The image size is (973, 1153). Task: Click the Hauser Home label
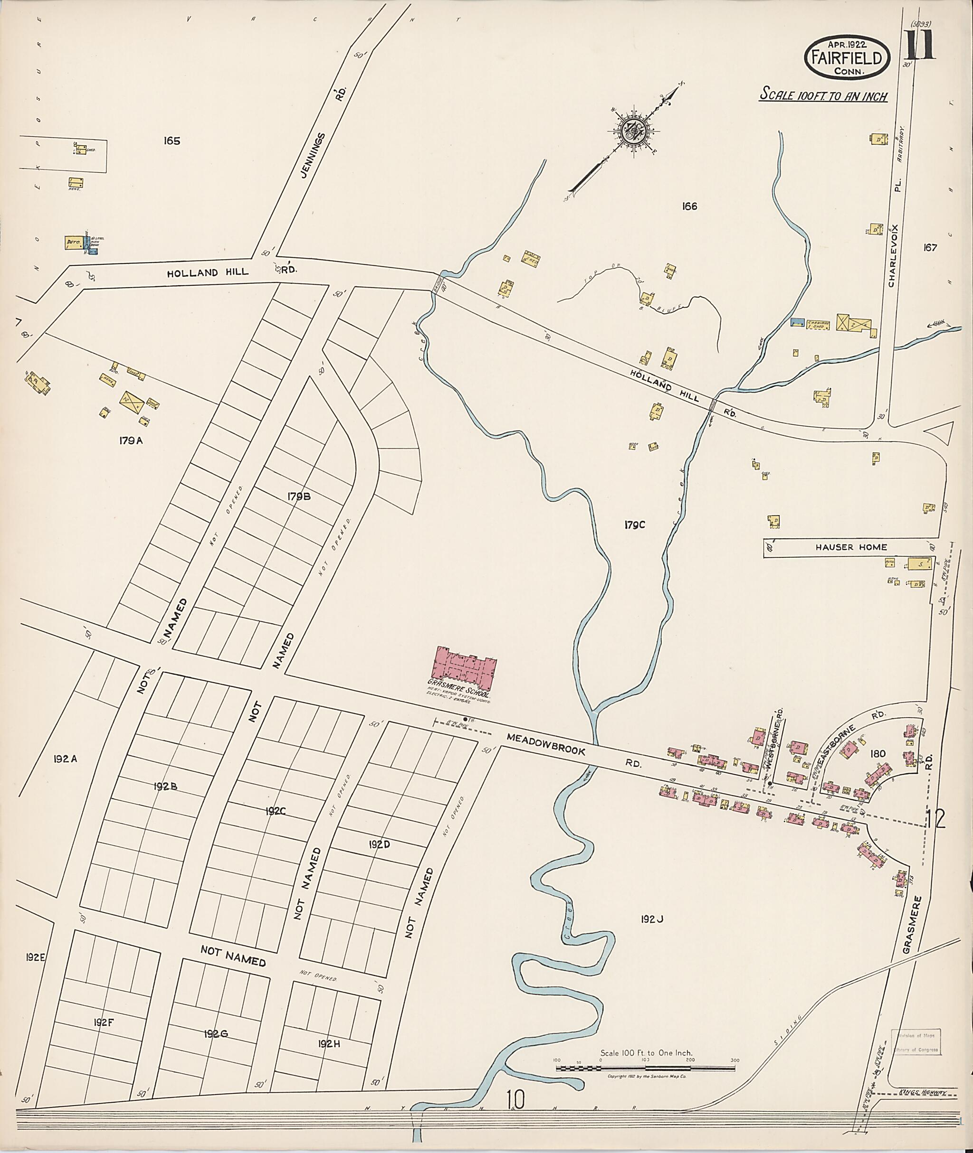tap(851, 547)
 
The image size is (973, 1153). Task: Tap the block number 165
tap(172, 141)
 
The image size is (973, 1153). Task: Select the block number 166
tap(689, 206)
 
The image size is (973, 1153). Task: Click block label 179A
tap(131, 441)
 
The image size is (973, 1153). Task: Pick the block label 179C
tap(634, 525)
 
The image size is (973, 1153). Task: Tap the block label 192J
tap(651, 919)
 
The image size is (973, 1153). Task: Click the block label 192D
tap(380, 844)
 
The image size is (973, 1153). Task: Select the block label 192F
tap(103, 1022)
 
